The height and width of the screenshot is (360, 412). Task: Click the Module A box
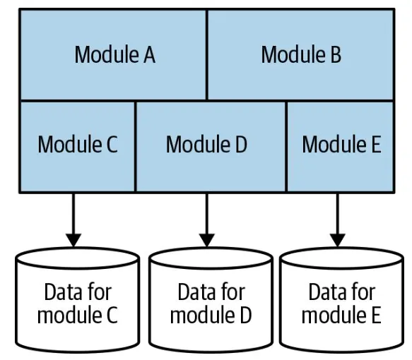pyautogui.click(x=113, y=55)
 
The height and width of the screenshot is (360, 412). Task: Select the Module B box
pyautogui.click(x=300, y=55)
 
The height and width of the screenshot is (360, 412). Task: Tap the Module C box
pyautogui.click(x=77, y=145)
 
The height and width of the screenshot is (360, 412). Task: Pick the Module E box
pyautogui.click(x=340, y=145)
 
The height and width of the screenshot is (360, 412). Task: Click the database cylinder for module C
pyautogui.click(x=77, y=301)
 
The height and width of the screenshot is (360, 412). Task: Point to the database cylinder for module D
pyautogui.click(x=210, y=301)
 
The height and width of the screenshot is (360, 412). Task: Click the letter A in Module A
pyautogui.click(x=148, y=55)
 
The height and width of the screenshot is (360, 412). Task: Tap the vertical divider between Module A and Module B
pyautogui.click(x=206, y=55)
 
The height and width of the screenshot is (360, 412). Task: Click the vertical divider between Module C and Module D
pyautogui.click(x=135, y=145)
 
